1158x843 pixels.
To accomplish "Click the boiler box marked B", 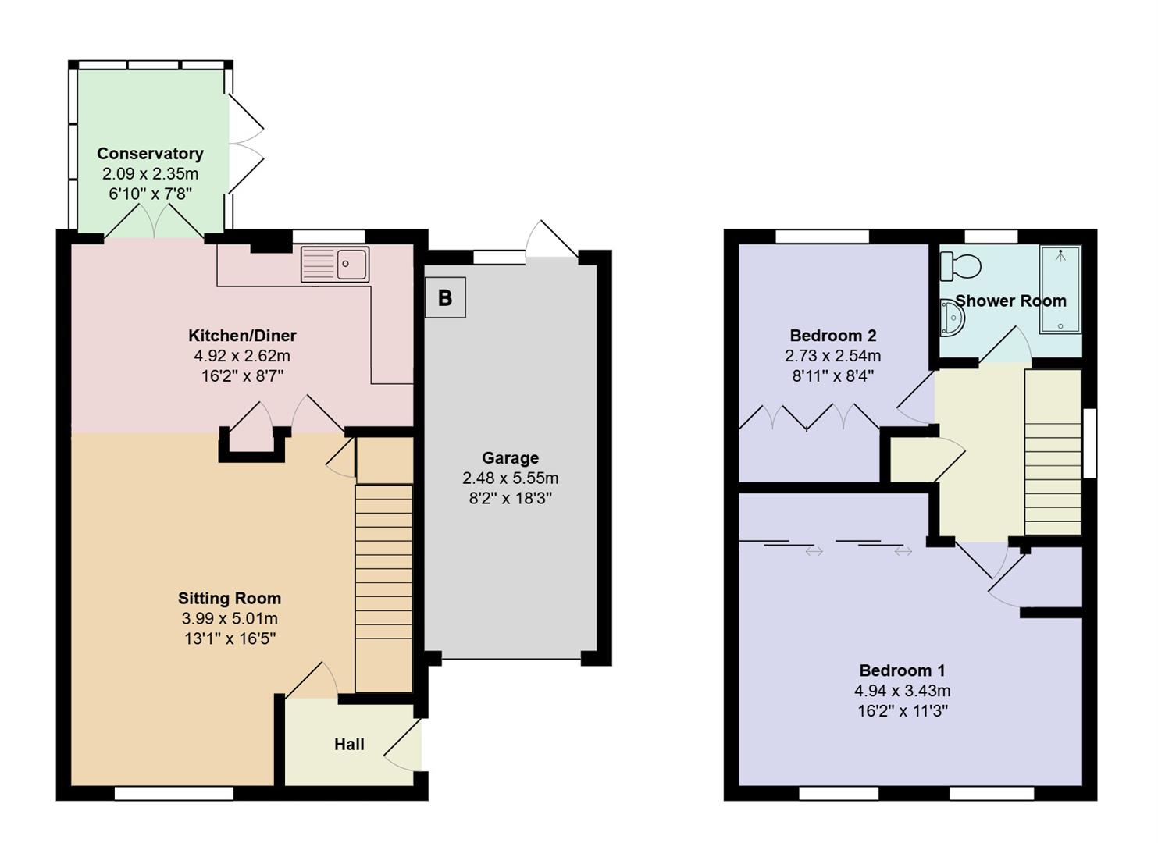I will pyautogui.click(x=445, y=297).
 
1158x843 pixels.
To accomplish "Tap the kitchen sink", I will pyautogui.click(x=335, y=264).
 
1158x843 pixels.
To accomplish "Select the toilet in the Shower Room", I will pyautogui.click(x=960, y=266).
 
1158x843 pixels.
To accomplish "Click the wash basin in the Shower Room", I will pyautogui.click(x=953, y=318).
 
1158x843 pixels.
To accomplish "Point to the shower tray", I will pyautogui.click(x=1060, y=290).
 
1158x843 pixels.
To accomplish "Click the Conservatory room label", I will pyautogui.click(x=150, y=154).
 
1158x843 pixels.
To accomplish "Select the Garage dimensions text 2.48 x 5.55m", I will pyautogui.click(x=510, y=478).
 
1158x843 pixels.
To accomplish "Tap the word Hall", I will pyautogui.click(x=349, y=745).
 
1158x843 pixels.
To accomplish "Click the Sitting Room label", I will pyautogui.click(x=229, y=599).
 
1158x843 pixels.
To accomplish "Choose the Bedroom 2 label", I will pyautogui.click(x=832, y=336).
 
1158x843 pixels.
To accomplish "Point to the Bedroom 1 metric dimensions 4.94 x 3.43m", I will pyautogui.click(x=902, y=691).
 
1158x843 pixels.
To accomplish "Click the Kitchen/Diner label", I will pyautogui.click(x=242, y=336).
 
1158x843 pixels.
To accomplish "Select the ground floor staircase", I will pyautogui.click(x=383, y=585).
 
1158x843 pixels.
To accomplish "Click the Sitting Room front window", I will pyautogui.click(x=173, y=793).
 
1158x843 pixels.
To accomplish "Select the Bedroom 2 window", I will pyautogui.click(x=821, y=237).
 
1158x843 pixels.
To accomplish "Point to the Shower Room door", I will pyautogui.click(x=1007, y=345).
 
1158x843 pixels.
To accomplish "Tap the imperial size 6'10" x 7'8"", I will pyautogui.click(x=150, y=194).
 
